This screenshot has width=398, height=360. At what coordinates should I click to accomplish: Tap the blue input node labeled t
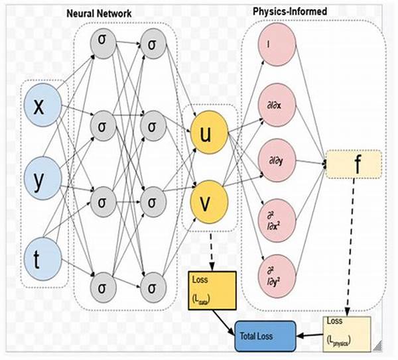coord(39,255)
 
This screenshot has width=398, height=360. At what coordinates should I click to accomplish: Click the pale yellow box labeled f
coord(354,164)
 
